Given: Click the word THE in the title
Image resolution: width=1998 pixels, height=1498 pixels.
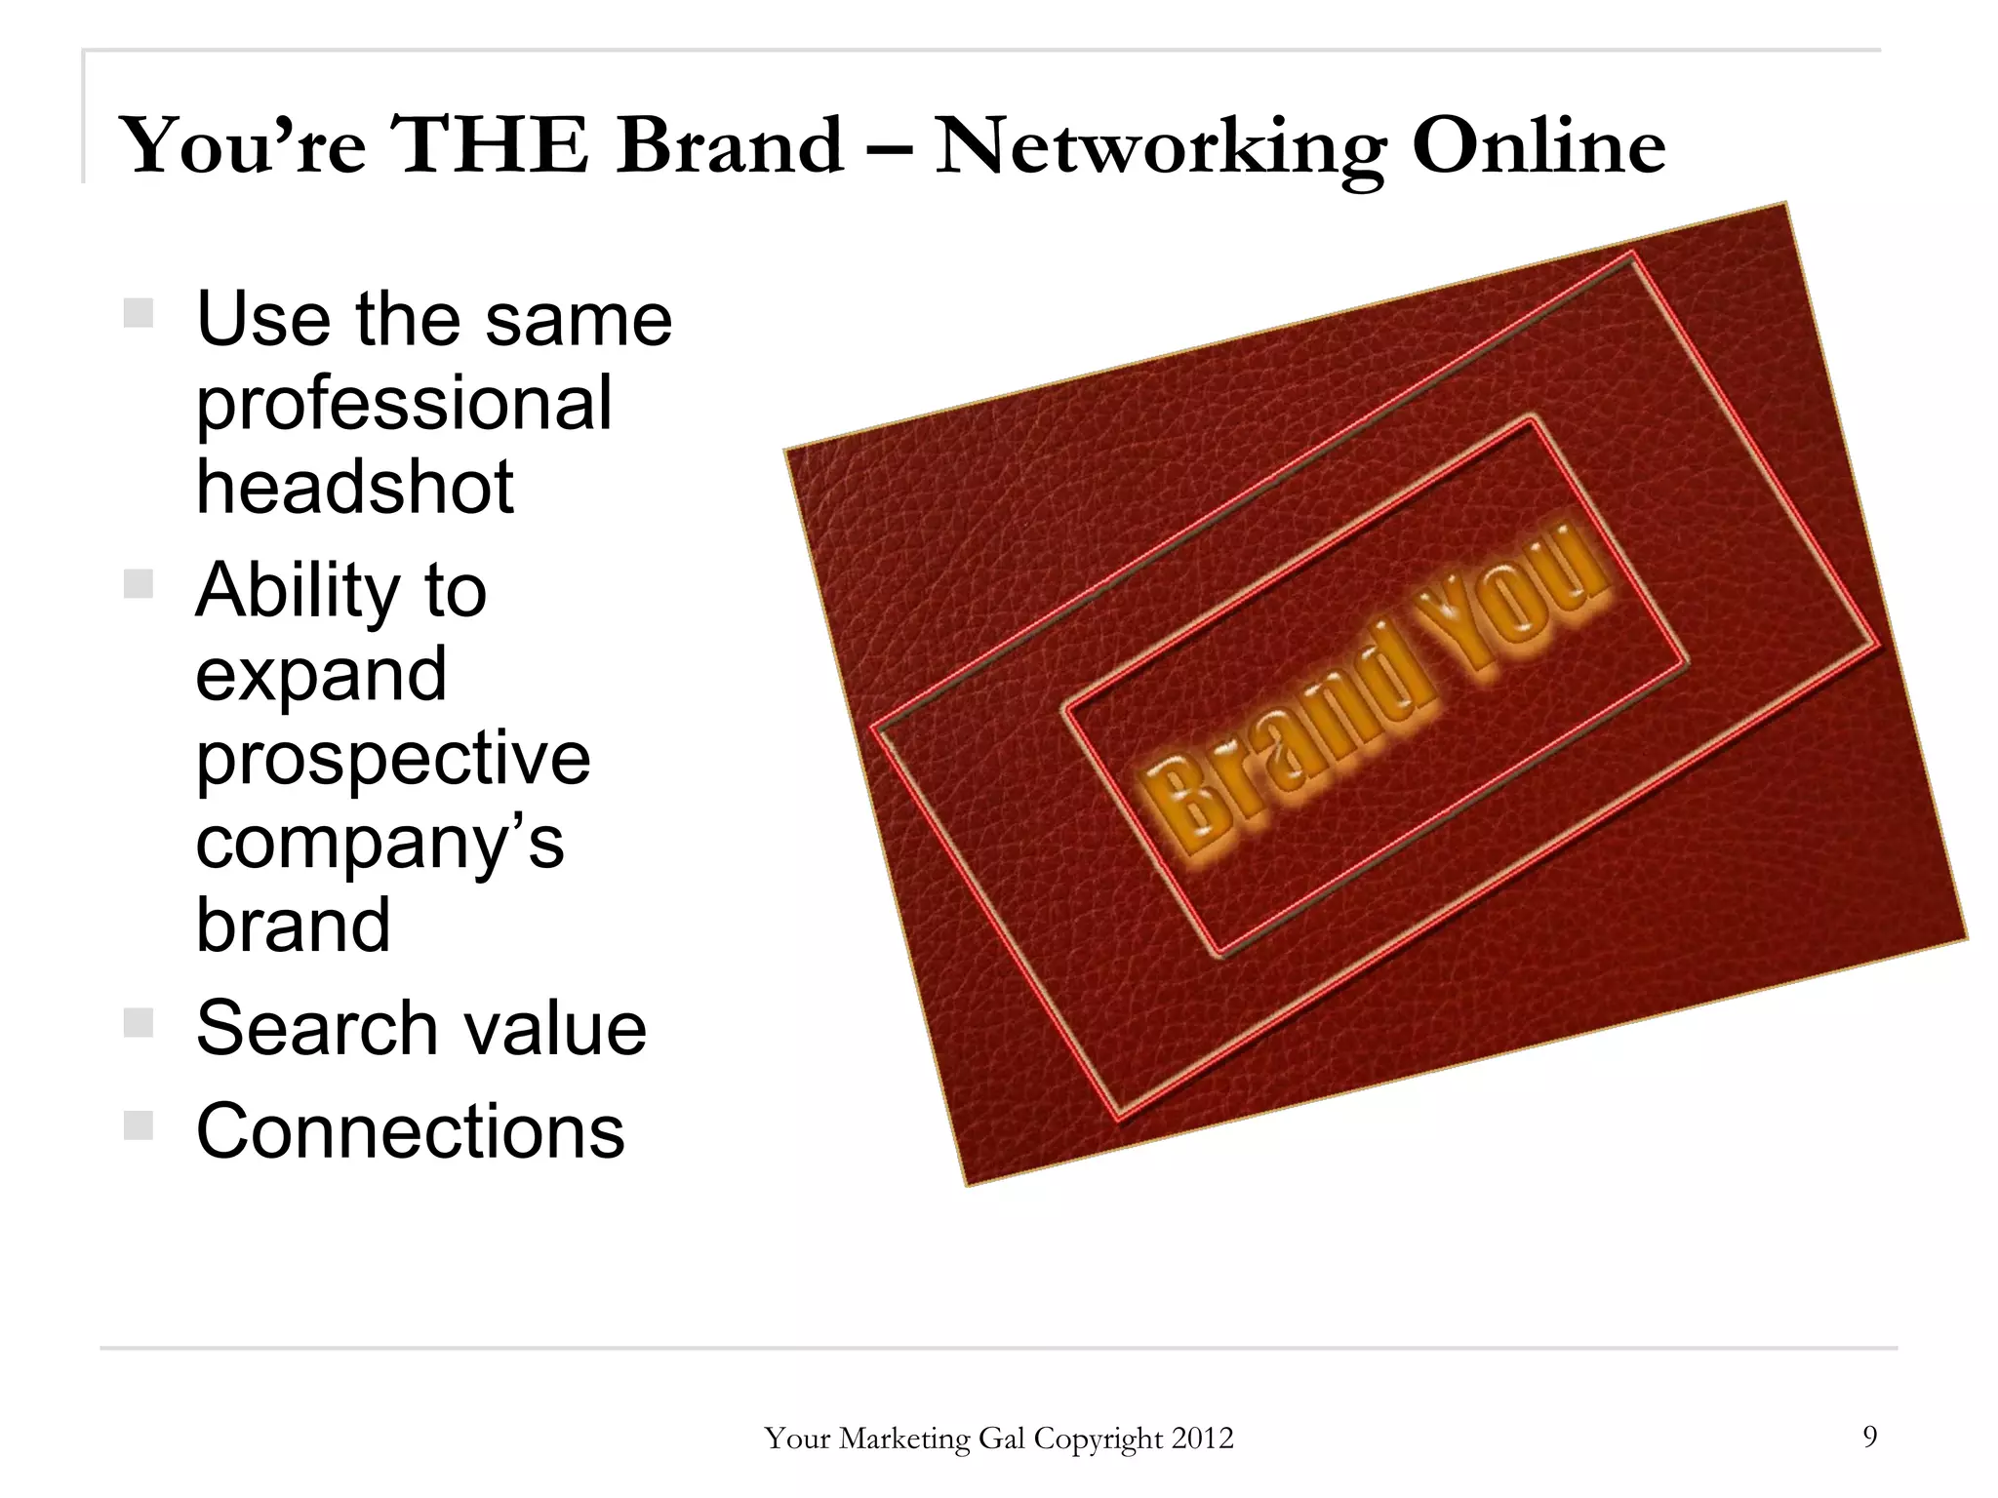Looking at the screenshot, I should click(x=490, y=145).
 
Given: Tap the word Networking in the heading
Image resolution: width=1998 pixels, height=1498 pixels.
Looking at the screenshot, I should click(x=1159, y=147).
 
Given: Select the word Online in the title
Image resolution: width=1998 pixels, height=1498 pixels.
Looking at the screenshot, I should click(x=1538, y=145).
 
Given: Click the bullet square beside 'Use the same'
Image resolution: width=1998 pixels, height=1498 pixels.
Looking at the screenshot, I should click(x=139, y=313).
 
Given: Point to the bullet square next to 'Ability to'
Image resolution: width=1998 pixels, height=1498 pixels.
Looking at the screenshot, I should click(x=139, y=584).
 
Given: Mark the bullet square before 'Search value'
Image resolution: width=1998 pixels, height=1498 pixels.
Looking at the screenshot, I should click(x=139, y=1022).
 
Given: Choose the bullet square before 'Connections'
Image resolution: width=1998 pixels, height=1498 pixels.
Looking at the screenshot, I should click(x=139, y=1125).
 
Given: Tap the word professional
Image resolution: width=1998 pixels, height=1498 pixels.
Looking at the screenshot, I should click(x=404, y=403).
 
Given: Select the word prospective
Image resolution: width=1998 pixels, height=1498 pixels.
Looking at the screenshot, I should click(x=393, y=759).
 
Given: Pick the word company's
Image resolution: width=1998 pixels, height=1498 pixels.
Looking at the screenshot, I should click(x=380, y=843).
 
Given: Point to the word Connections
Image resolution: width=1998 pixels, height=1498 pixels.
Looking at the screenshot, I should click(x=410, y=1131).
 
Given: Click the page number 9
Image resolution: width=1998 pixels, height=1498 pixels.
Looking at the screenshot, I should click(x=1869, y=1436).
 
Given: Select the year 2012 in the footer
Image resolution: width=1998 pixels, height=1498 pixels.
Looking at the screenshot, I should click(x=1202, y=1439).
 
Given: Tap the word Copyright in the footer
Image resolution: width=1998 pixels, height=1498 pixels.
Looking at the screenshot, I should click(x=1099, y=1439).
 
